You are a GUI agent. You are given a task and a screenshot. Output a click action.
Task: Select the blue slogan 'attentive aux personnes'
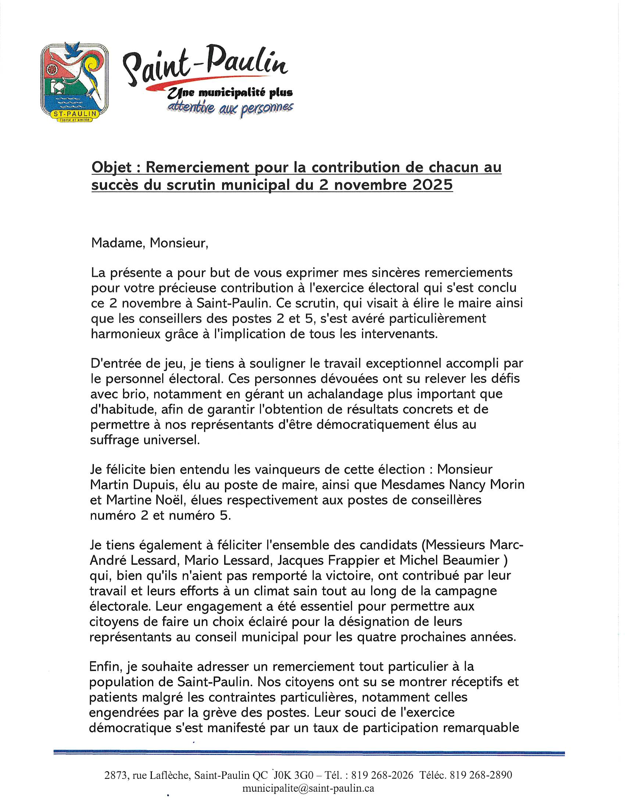(230, 107)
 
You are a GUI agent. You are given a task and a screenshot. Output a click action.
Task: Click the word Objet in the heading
(111, 167)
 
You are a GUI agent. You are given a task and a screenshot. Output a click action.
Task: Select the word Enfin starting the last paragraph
(106, 666)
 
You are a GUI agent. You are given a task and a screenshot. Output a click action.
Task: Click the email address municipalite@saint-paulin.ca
(308, 788)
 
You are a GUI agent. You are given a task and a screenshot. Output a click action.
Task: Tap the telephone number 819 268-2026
(382, 775)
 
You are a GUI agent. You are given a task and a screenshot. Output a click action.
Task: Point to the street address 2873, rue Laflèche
(148, 775)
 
